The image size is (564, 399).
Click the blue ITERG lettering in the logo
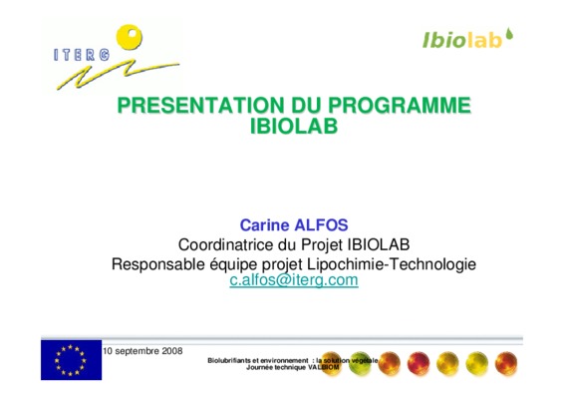82,55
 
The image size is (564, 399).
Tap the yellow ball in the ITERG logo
130,37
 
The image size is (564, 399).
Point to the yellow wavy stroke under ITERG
118,75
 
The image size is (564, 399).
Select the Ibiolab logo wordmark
462,40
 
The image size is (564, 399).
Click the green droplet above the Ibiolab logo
509,34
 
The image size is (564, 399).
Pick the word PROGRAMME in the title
400,105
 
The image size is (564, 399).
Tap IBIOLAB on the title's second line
294,126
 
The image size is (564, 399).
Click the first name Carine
264,225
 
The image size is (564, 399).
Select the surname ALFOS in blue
321,225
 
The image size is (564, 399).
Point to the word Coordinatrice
226,244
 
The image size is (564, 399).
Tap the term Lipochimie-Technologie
392,264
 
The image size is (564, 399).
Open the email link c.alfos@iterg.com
294,280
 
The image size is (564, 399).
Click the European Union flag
71,360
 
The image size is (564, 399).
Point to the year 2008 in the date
172,351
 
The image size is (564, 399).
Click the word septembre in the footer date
138,351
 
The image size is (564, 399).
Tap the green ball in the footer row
360,364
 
